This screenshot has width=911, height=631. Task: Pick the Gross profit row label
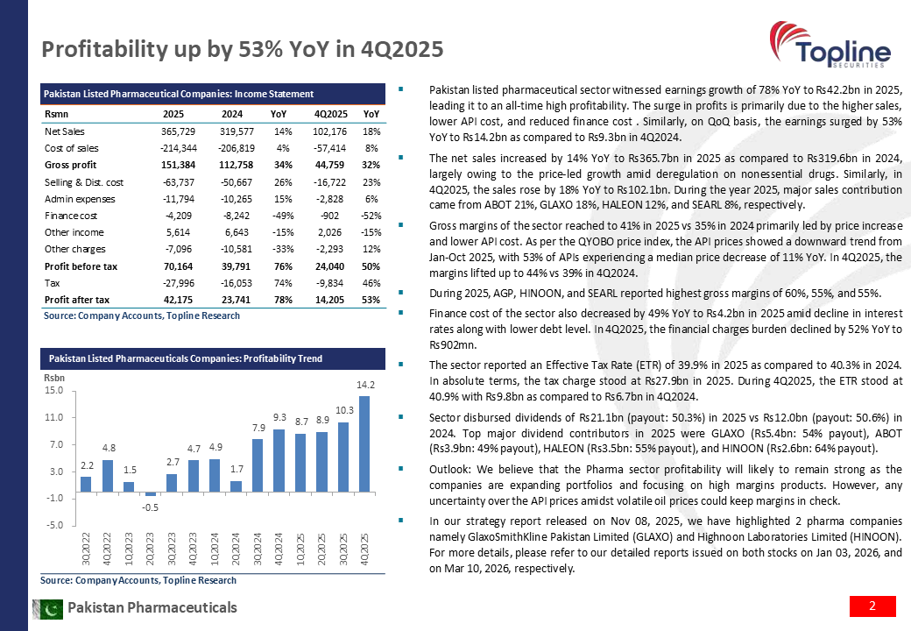69,164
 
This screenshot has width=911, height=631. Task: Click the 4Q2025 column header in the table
330,114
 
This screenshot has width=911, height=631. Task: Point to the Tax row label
52,282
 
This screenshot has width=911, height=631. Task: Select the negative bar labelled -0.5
150,494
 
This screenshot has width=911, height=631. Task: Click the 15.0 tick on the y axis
55,391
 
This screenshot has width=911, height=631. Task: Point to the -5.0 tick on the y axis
55,526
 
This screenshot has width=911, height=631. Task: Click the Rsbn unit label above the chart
54,377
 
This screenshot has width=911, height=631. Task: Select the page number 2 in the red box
872,606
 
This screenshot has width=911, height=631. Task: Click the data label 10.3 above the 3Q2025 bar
343,411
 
